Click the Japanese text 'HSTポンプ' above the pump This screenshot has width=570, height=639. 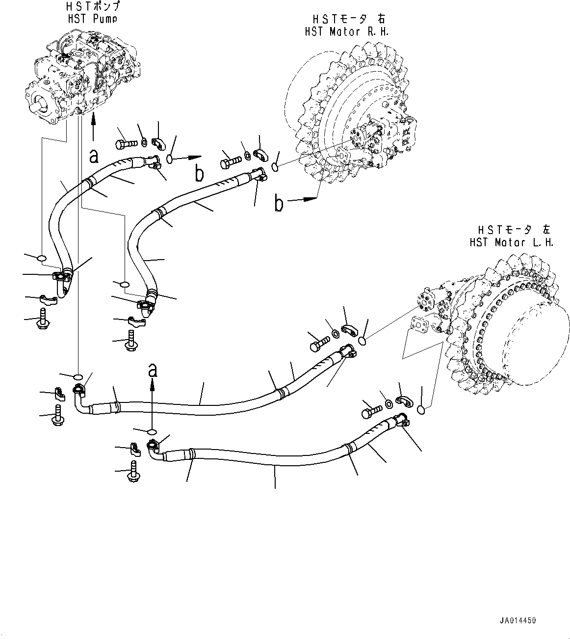click(x=93, y=7)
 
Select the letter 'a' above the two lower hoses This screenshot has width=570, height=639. click(x=153, y=369)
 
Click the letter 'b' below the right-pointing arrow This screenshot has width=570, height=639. click(x=199, y=174)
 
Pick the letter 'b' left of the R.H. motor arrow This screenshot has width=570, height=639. click(x=279, y=204)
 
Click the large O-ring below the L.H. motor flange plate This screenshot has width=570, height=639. click(x=423, y=408)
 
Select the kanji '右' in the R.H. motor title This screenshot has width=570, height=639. click(x=381, y=19)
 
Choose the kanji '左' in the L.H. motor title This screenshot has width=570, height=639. click(x=546, y=229)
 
